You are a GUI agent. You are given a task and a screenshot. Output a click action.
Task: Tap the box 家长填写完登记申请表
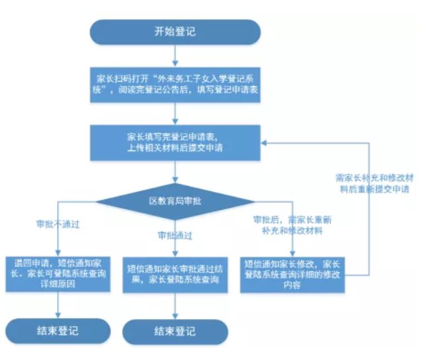tap(176, 142)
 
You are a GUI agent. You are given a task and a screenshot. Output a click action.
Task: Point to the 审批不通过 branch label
tap(57, 224)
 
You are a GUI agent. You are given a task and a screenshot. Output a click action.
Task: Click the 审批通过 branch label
tap(175, 235)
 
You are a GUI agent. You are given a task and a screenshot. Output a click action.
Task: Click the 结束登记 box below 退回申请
tap(57, 330)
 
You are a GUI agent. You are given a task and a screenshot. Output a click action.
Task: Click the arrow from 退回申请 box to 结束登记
tap(57, 303)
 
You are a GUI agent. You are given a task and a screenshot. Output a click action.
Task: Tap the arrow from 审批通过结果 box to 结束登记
tap(175, 307)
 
